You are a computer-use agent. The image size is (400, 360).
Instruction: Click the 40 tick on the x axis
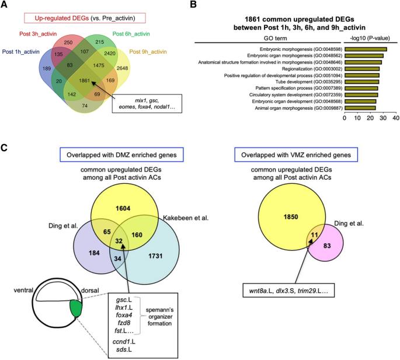(396, 118)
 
